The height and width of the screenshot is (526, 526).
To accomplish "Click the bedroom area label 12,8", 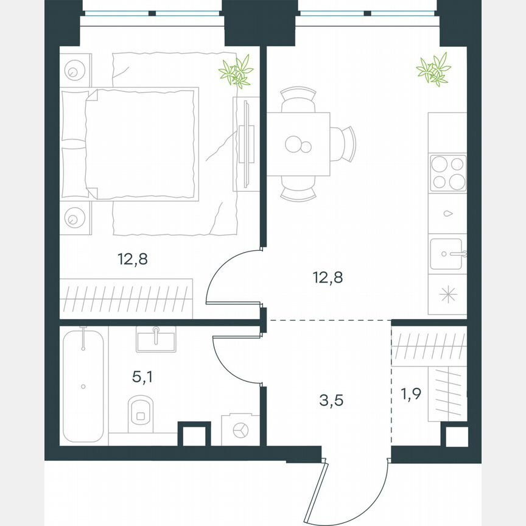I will [133, 259].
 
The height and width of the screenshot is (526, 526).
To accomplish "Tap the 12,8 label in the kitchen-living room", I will [328, 278].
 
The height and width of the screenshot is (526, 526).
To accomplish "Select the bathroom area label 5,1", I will [142, 377].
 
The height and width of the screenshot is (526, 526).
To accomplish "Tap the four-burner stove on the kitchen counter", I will [447, 173].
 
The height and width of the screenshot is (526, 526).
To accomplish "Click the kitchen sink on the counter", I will [447, 254].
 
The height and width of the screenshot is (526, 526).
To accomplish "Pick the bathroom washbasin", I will [156, 339].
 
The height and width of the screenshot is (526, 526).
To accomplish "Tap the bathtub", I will [83, 385].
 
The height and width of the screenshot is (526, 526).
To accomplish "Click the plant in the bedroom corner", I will [236, 71].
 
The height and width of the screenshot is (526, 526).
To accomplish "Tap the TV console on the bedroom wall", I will [245, 144].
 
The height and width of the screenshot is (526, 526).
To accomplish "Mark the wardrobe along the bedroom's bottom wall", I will [127, 298].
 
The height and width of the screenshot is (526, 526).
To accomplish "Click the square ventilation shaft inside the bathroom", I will [194, 435].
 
